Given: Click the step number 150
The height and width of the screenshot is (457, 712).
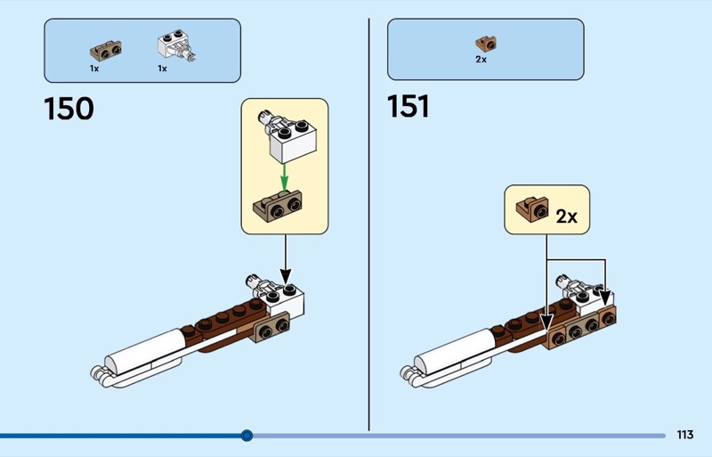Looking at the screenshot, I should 69,109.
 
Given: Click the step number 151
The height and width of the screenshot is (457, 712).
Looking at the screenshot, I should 408,107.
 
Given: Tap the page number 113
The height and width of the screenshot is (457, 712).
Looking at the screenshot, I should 684,435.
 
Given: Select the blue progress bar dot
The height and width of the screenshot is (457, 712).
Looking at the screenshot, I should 247,436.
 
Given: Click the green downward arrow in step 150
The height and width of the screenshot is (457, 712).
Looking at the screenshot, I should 284,175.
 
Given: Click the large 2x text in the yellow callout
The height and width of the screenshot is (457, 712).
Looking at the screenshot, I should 566,216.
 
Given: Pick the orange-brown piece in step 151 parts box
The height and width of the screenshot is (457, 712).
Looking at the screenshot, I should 485,42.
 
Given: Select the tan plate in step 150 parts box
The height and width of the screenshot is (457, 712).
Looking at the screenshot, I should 106,48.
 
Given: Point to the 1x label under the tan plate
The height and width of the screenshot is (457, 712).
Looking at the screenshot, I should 94,68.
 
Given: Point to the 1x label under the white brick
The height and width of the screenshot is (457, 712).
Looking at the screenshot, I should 163,68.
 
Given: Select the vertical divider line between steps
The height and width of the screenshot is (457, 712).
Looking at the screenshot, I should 369,223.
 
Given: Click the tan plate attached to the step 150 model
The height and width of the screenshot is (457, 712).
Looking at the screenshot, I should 273,330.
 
